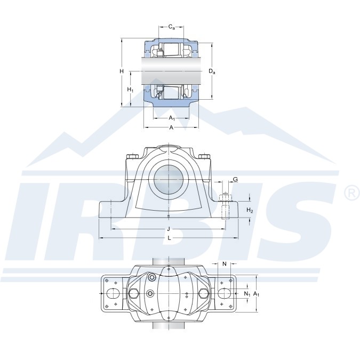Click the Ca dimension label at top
pos(172,27)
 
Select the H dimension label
pos(122,71)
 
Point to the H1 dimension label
pos(130,90)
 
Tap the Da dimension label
pos(212,71)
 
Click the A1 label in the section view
pos(172,118)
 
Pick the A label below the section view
pos(171,127)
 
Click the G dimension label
pos(235,179)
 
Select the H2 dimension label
pos(250,210)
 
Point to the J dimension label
pos(169,229)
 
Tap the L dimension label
pos(169,238)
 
